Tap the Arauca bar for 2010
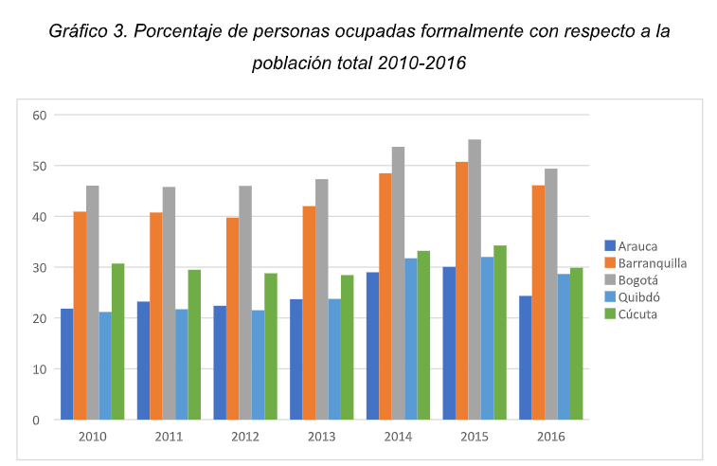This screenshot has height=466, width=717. [66, 364]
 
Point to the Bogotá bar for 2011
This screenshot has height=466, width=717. [169, 303]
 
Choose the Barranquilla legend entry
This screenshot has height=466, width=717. [652, 262]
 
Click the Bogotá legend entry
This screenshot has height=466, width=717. [640, 279]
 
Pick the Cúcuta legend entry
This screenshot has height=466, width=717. [639, 313]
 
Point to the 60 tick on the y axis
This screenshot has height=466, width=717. [38, 115]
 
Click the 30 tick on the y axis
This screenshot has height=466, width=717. [38, 267]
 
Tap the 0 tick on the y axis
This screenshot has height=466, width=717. [42, 420]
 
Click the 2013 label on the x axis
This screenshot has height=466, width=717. [321, 437]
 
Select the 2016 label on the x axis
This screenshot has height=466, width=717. [550, 437]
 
